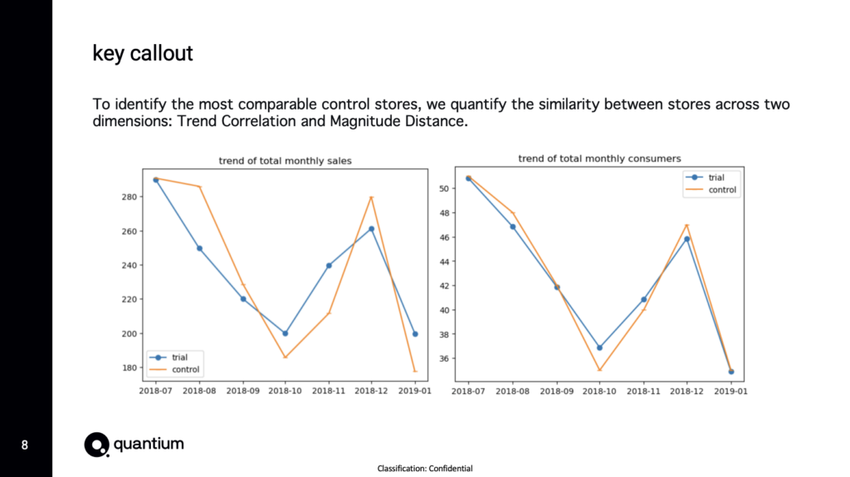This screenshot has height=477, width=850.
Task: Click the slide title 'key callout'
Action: coord(142,55)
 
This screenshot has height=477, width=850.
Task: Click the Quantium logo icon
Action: coord(96,445)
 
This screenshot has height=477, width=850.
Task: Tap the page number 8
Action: coord(25,445)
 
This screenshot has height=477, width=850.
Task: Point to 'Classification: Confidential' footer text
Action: coord(425,469)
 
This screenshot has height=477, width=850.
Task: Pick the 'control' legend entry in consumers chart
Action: coord(721,189)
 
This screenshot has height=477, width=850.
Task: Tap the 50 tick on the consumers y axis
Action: coord(444,189)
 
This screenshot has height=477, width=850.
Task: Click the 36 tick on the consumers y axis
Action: coord(444,359)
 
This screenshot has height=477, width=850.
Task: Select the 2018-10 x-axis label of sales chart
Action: coord(286,388)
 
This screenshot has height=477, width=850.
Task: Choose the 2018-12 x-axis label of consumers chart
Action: coord(686,388)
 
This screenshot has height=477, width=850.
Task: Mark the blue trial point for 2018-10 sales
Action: coord(286,333)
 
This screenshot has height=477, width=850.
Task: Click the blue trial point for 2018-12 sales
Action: coord(371,229)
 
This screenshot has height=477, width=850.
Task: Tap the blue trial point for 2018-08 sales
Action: coord(199,248)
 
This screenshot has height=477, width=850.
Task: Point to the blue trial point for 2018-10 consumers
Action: coord(600,348)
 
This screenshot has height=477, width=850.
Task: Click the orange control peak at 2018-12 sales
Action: coord(371,197)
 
